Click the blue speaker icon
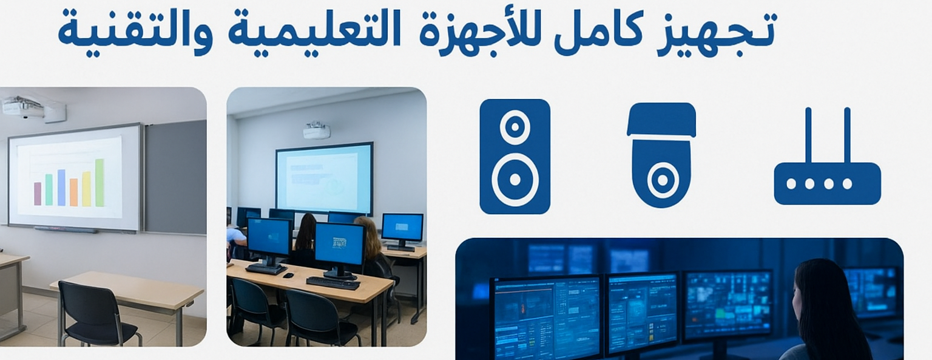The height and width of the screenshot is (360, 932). [515, 157]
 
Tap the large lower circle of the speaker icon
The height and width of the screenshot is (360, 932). [515, 180]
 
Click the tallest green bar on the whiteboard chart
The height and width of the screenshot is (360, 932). [100, 183]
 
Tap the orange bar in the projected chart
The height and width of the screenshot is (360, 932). [73, 192]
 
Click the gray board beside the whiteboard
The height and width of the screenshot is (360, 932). [175, 176]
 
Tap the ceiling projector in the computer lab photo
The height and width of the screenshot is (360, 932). [316, 130]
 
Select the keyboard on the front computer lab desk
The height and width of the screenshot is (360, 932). [333, 282]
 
